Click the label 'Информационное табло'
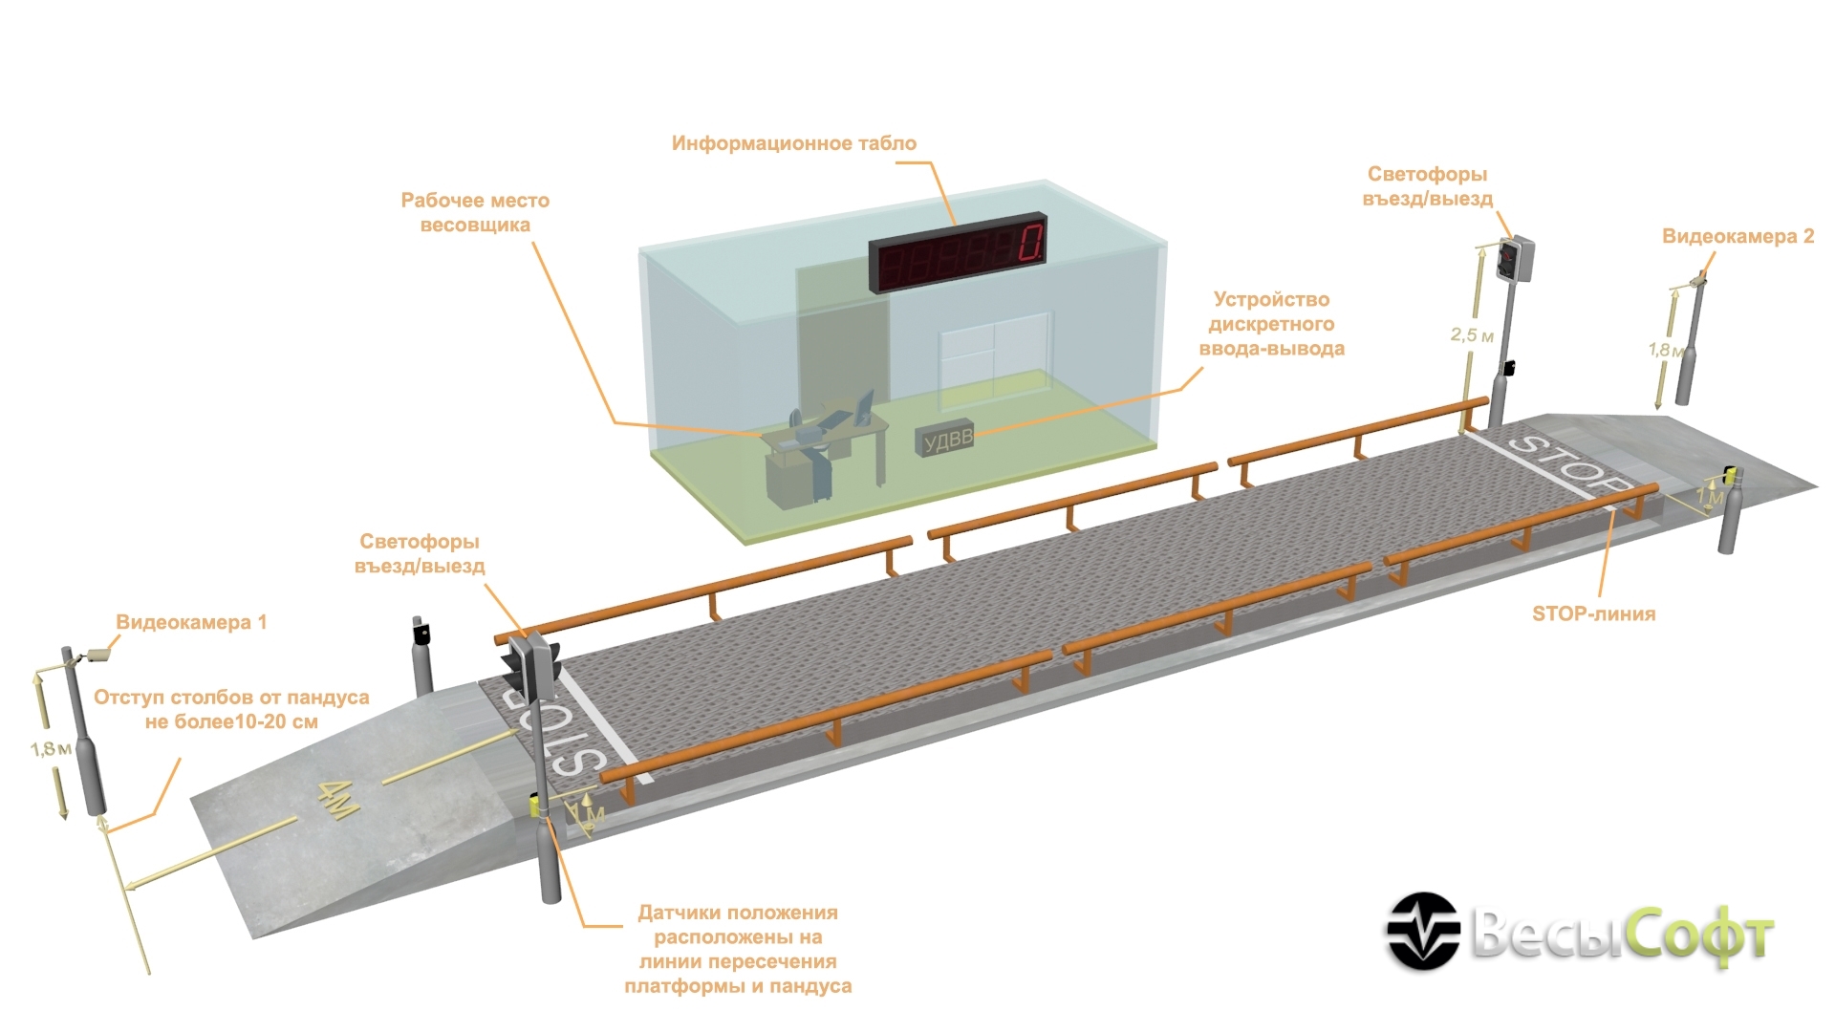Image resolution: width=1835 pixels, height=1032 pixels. pyautogui.click(x=793, y=143)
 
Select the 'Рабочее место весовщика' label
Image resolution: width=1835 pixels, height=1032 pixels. pyautogui.click(x=475, y=213)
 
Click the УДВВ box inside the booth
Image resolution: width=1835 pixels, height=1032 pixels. pyautogui.click(x=945, y=440)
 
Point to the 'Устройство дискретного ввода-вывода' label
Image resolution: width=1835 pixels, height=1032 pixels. pyautogui.click(x=1271, y=324)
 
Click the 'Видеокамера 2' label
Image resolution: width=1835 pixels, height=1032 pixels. pyautogui.click(x=1738, y=236)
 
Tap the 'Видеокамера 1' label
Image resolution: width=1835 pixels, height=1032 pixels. pyautogui.click(x=191, y=622)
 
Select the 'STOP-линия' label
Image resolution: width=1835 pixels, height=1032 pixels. pyautogui.click(x=1593, y=613)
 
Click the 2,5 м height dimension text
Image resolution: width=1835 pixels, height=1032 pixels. pyautogui.click(x=1471, y=335)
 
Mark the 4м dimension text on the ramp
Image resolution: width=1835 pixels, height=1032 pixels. pyautogui.click(x=339, y=799)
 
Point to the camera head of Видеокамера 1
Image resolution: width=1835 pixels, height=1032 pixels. pyautogui.click(x=98, y=656)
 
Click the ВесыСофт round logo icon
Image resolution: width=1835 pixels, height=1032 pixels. pyautogui.click(x=1423, y=931)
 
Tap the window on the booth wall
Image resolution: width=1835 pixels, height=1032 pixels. pyautogui.click(x=993, y=355)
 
